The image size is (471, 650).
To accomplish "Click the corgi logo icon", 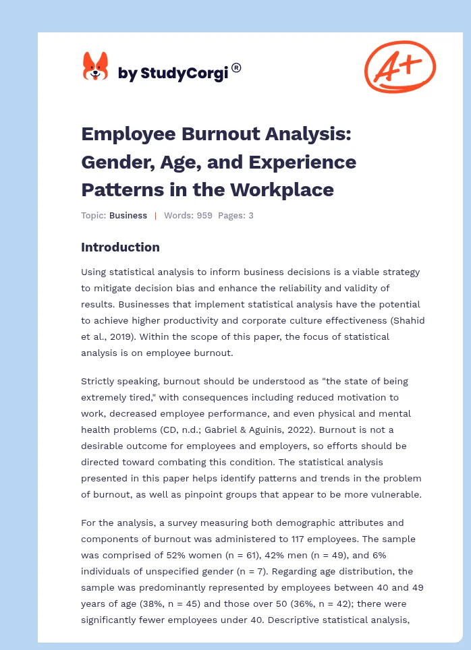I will pos(95,67).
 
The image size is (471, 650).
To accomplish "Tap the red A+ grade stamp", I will pos(399,66).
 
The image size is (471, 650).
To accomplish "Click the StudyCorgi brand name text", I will pos(173,73).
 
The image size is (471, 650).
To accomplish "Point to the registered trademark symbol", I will pos(236,67).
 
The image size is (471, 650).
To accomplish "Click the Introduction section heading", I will pos(120,247).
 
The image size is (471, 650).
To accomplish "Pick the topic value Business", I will pos(128,216).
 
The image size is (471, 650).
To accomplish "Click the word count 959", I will pos(204,216).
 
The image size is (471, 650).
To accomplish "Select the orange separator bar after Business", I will pos(155,216).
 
